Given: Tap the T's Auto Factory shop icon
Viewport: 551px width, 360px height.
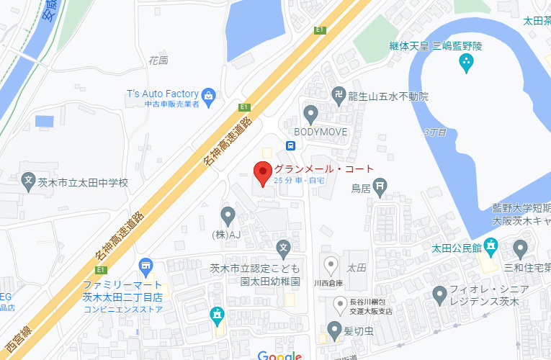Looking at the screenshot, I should (x=209, y=95).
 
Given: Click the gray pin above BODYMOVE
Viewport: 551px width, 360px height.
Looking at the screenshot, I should (x=311, y=114).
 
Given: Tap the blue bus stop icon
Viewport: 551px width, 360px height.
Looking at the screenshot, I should (x=290, y=145).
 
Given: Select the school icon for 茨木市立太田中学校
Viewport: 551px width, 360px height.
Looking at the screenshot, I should (x=28, y=181).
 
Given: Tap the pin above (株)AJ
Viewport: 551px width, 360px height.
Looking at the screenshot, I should (x=228, y=215).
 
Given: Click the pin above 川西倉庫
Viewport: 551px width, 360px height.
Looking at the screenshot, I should (x=331, y=264).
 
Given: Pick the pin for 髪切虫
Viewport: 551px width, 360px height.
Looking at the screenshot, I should (x=333, y=330).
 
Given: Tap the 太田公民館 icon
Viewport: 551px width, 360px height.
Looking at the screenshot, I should (x=492, y=248).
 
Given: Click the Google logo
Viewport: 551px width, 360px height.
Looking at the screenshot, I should (x=279, y=355).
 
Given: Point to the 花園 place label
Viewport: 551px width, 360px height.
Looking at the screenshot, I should (x=158, y=60).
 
